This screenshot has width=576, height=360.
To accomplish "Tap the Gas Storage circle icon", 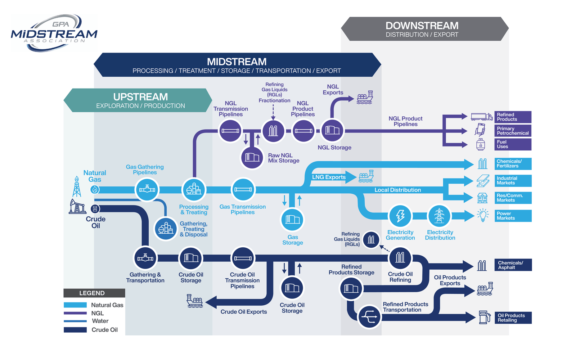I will tap(292, 219).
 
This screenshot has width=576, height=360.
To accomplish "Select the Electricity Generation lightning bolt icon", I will tap(400, 216).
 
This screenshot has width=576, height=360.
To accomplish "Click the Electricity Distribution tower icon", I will tap(439, 216).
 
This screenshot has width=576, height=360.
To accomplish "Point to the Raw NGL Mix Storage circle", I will tap(252, 157).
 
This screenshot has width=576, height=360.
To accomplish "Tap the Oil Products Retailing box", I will tap(514, 318).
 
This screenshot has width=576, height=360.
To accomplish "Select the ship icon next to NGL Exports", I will tap(365, 98).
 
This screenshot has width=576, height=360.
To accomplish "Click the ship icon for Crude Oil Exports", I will tap(195, 301).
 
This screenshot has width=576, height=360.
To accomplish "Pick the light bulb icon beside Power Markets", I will tap(482, 215).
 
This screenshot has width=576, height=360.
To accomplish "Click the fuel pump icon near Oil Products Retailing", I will tap(485, 317).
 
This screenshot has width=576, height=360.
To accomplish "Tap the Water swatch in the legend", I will tap(75, 321).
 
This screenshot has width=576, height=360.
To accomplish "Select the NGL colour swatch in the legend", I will tap(75, 313).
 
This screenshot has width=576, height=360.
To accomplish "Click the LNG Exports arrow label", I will tap(329, 177).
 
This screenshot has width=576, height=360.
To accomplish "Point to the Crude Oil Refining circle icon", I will tap(400, 258).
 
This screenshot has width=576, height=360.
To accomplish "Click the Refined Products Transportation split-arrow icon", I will tap(369, 317).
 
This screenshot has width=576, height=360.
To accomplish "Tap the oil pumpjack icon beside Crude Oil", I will tap(77, 207).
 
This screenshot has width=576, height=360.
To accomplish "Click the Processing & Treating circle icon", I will tap(194, 189).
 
